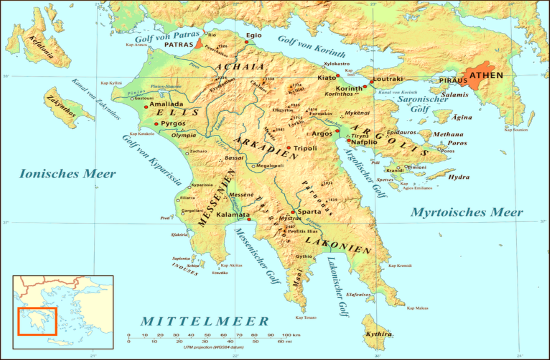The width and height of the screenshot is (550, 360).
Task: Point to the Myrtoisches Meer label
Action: pos(467,212)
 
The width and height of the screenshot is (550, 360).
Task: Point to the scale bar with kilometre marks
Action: pos(205,337)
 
